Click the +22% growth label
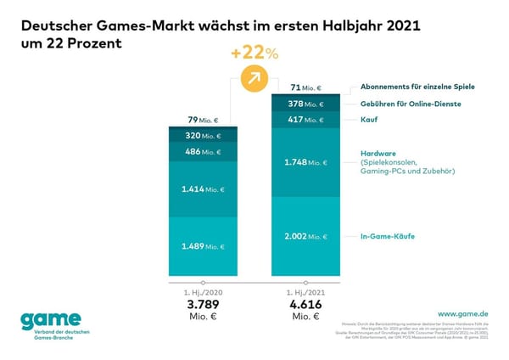click(x=255, y=53)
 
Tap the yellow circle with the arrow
click(x=253, y=79)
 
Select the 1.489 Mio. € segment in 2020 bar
click(x=202, y=246)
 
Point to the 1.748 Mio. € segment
click(x=304, y=162)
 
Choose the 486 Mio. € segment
click(x=202, y=153)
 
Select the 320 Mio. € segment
click(x=202, y=135)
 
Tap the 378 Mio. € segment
click(x=304, y=104)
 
